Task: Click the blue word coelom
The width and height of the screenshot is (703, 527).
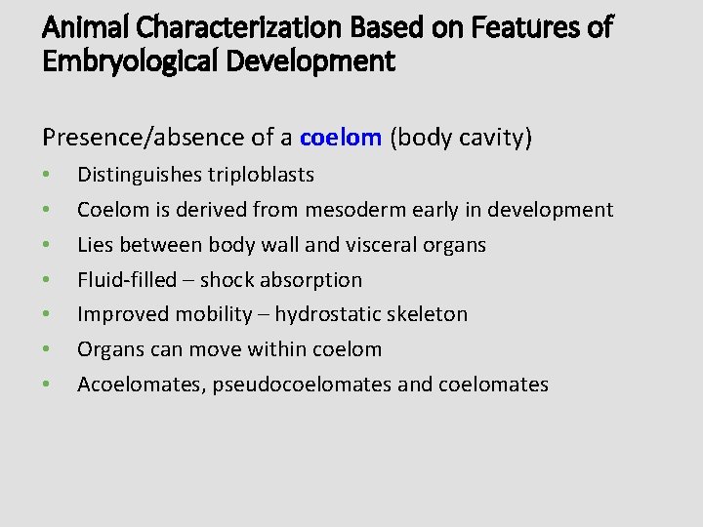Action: coord(340,138)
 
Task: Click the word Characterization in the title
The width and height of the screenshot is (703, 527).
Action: coord(227,27)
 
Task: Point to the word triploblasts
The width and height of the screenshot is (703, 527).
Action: coord(261,175)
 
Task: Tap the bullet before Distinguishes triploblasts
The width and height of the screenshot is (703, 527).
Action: coord(47,176)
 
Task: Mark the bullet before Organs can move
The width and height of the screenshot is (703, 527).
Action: coord(47,350)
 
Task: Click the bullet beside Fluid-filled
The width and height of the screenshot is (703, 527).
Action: coord(47,281)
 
